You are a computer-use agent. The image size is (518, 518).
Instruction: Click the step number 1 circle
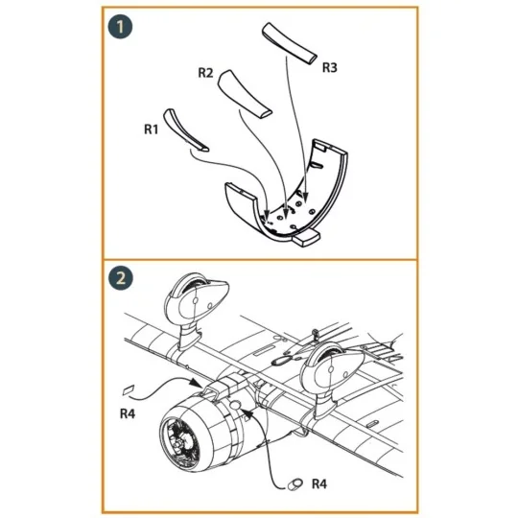click(x=120, y=27)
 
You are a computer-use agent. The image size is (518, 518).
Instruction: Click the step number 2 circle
click(x=121, y=278)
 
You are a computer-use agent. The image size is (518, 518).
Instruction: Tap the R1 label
click(x=151, y=129)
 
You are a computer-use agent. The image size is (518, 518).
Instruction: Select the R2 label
click(x=205, y=73)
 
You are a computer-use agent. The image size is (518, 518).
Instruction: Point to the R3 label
click(x=329, y=67)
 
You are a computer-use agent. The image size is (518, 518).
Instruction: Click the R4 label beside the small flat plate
click(x=128, y=413)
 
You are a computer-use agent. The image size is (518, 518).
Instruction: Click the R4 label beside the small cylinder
click(x=319, y=484)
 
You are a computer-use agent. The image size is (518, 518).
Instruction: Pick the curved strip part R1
click(x=185, y=129)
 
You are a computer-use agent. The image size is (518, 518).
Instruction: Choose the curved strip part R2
click(x=245, y=93)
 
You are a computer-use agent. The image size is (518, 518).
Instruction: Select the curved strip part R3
click(x=290, y=43)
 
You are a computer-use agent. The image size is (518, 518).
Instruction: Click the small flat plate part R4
click(x=129, y=389)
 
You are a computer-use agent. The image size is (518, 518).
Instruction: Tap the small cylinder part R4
click(x=294, y=484)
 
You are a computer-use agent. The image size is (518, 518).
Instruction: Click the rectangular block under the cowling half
click(x=306, y=238)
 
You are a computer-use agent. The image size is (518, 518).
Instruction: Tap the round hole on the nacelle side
click(x=236, y=405)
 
